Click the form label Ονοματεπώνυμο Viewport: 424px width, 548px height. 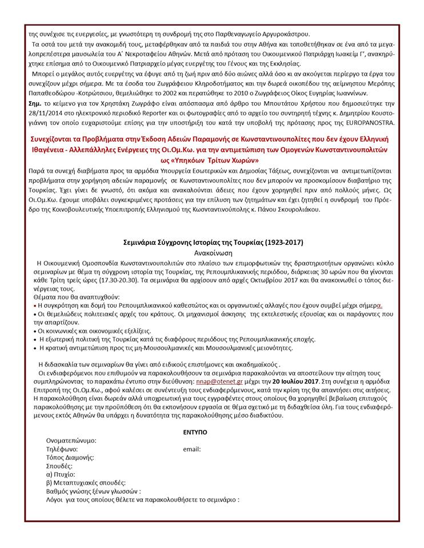71,441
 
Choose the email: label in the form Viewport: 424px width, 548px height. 192,449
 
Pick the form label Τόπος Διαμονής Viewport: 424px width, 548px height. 70,458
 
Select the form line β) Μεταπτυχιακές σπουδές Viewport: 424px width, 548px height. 86,483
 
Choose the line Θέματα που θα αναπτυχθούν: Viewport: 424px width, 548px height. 77,297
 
